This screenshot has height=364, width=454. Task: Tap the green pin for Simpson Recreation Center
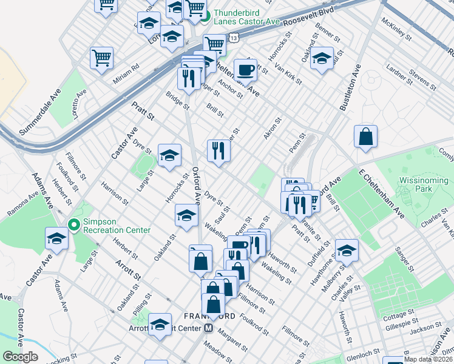[x=73, y=225]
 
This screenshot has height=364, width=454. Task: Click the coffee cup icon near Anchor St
[x=245, y=70]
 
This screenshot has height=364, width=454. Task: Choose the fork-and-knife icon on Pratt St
[x=219, y=151]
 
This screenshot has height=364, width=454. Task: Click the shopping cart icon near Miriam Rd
[x=101, y=58]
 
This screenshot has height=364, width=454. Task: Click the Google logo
[x=20, y=357]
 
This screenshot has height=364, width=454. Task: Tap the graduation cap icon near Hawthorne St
[x=347, y=249]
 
